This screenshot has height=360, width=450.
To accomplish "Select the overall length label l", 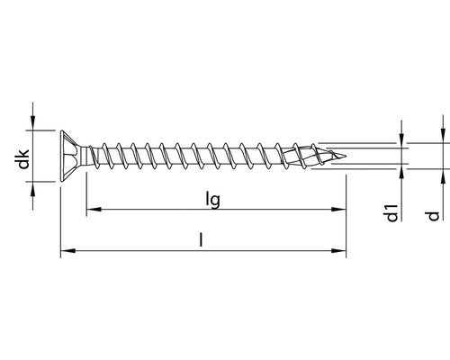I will pyautogui.click(x=203, y=239).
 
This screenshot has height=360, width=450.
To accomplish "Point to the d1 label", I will pyautogui.click(x=391, y=213).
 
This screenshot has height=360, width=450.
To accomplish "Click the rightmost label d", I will pyautogui.click(x=433, y=215).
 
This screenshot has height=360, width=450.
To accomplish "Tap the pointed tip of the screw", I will pyautogui.click(x=345, y=155).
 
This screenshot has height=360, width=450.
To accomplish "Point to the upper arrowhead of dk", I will pyautogui.click(x=33, y=123).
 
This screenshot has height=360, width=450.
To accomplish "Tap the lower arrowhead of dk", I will pyautogui.click(x=33, y=186).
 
